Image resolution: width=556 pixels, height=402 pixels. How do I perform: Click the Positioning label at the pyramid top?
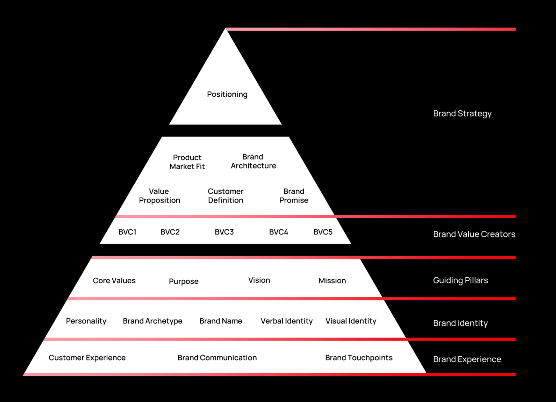pyautogui.click(x=227, y=95)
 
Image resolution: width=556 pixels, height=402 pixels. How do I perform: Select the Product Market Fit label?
pyautogui.click(x=187, y=162)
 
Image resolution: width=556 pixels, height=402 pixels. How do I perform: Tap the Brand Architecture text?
pyautogui.click(x=253, y=161)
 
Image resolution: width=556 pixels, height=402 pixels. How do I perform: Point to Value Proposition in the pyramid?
pyautogui.click(x=160, y=196)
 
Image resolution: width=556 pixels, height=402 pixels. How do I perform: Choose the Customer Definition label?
pyautogui.click(x=226, y=196)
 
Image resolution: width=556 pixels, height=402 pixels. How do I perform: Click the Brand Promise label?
pyautogui.click(x=294, y=196)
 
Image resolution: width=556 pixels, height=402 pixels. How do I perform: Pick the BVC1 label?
pyautogui.click(x=127, y=232)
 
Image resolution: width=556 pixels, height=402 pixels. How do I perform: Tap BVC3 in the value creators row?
pyautogui.click(x=224, y=232)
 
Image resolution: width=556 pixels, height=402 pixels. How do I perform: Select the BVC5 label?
pyautogui.click(x=323, y=232)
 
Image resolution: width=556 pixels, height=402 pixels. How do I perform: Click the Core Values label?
pyautogui.click(x=114, y=281)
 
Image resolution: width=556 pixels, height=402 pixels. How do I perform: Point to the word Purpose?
pyautogui.click(x=184, y=282)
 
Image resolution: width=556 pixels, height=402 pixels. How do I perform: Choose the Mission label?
pyautogui.click(x=332, y=281)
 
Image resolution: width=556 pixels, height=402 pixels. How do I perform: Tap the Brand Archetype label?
pyautogui.click(x=153, y=321)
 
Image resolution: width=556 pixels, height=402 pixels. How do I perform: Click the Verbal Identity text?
pyautogui.click(x=287, y=321)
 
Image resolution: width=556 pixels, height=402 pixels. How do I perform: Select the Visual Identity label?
pyautogui.click(x=351, y=321)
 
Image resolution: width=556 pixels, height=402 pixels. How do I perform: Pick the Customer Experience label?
pyautogui.click(x=87, y=358)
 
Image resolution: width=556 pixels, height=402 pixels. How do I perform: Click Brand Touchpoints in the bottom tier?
pyautogui.click(x=359, y=358)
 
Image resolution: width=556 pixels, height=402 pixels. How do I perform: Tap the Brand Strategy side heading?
pyautogui.click(x=462, y=114)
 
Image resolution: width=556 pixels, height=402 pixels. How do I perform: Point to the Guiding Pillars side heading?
pyautogui.click(x=460, y=280)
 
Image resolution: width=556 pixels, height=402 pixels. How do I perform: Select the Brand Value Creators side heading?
pyautogui.click(x=474, y=234)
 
